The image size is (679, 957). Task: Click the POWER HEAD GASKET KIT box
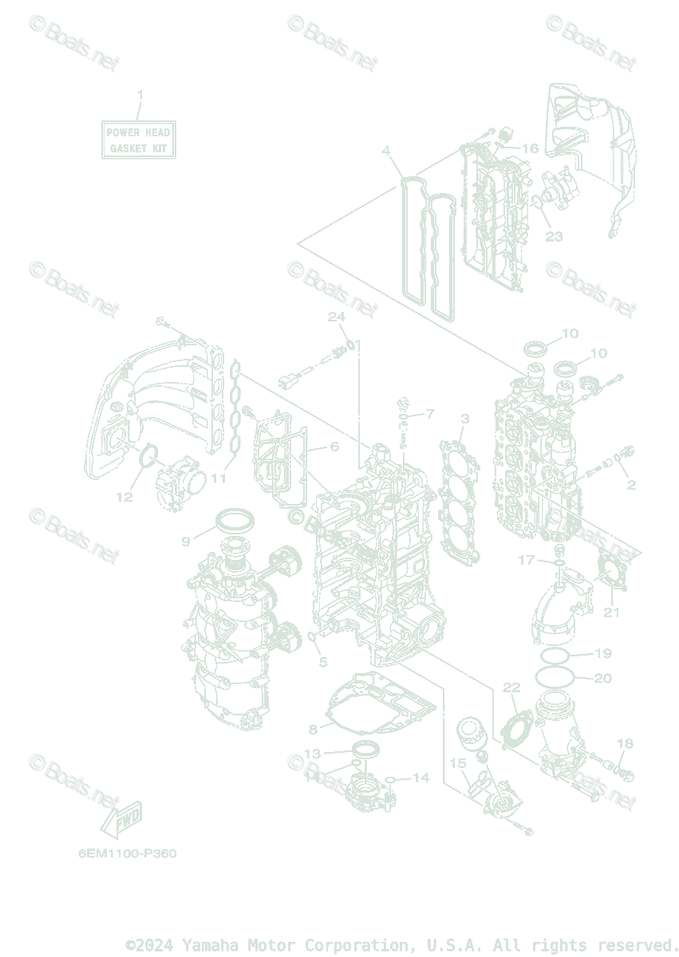pyautogui.click(x=139, y=140)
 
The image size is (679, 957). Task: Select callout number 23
pyautogui.click(x=554, y=236)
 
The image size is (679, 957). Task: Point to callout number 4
pyautogui.click(x=385, y=151)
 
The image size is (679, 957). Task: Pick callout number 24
pyautogui.click(x=337, y=317)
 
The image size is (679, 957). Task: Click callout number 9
pyautogui.click(x=186, y=541)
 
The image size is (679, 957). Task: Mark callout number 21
pyautogui.click(x=611, y=612)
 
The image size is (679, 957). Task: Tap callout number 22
pyautogui.click(x=511, y=687)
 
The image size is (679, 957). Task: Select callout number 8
pyautogui.click(x=314, y=729)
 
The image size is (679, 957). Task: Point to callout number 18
pyautogui.click(x=625, y=743)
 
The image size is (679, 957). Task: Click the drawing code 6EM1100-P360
pyautogui.click(x=128, y=853)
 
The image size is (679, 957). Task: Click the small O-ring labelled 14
pyautogui.click(x=391, y=779)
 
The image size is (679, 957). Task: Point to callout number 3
pyautogui.click(x=464, y=418)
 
